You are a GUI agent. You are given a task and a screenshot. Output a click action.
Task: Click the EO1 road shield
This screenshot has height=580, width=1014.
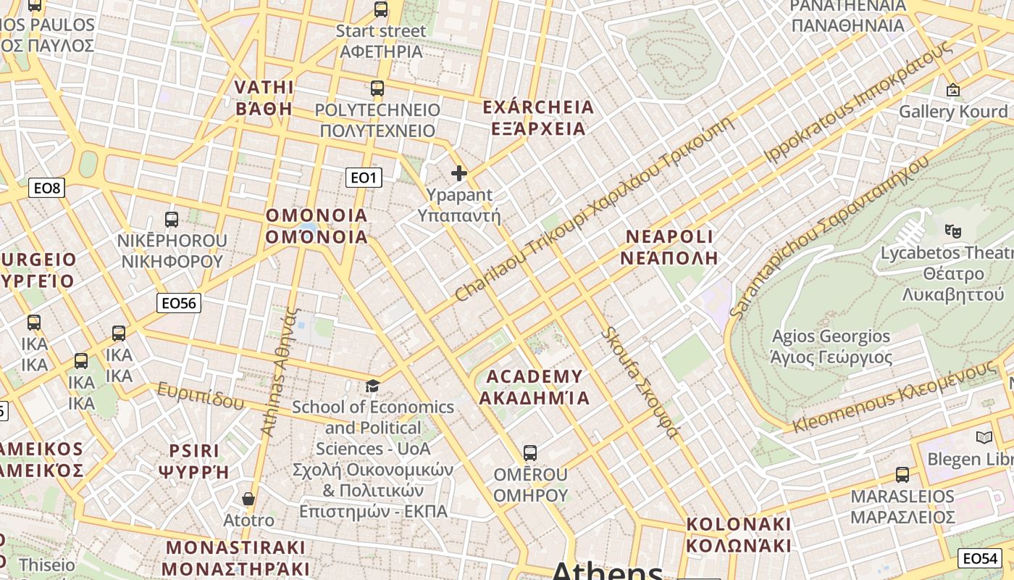[364, 177]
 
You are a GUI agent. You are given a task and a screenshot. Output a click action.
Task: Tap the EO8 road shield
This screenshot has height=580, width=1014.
[47, 188]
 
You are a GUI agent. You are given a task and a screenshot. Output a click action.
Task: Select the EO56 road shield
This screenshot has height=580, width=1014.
[178, 303]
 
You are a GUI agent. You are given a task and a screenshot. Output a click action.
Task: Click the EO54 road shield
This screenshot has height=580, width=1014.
[981, 558]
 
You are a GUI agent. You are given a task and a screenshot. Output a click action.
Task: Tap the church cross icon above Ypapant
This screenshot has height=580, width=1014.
[459, 173]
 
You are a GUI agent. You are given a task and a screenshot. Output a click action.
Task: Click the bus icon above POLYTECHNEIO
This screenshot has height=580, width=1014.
[377, 88]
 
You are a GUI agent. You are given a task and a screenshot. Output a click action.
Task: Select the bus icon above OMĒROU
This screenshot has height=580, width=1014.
[530, 453]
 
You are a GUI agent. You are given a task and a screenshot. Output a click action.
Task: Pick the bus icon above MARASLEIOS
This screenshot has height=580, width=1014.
[902, 475]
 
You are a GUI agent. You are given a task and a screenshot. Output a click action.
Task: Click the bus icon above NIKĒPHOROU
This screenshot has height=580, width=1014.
[172, 219]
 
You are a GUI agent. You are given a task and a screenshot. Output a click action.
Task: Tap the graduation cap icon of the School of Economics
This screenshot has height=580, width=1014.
[373, 386]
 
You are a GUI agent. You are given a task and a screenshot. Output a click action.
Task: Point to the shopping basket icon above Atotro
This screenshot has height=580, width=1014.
[248, 499]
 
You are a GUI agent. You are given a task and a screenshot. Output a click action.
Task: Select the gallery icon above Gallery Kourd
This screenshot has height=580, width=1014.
[953, 91]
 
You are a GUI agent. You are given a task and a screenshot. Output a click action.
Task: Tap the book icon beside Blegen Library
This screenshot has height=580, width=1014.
[984, 437]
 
